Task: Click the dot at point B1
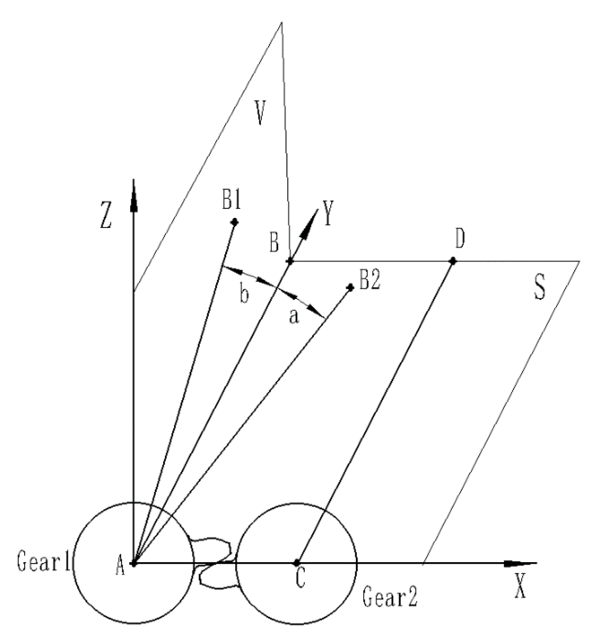(235, 222)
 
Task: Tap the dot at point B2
(351, 287)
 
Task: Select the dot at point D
(453, 261)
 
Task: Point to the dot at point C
(297, 563)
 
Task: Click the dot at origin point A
(134, 563)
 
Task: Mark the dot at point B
(290, 262)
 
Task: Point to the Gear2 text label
(390, 598)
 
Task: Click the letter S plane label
(539, 289)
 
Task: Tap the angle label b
(244, 294)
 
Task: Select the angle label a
(294, 316)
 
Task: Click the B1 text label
(232, 201)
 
